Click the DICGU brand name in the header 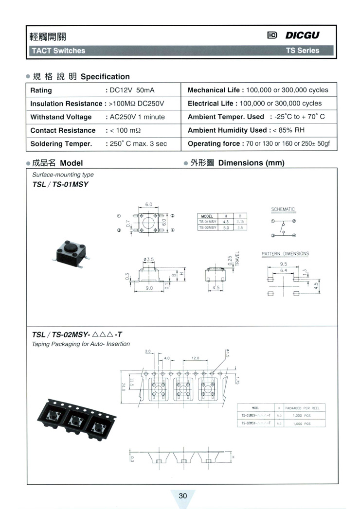click(x=303, y=35)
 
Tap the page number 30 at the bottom click(x=183, y=496)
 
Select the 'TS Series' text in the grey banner click(x=302, y=51)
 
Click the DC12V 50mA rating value click(x=132, y=90)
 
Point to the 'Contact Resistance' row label click(x=63, y=130)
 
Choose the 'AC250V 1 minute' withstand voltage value click(x=137, y=117)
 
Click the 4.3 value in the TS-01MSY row click(x=226, y=221)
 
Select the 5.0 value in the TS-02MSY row click(x=226, y=227)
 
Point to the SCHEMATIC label click(x=283, y=210)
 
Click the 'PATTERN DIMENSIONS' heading click(x=285, y=254)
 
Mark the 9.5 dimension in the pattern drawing click(x=283, y=264)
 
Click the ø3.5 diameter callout click(x=149, y=260)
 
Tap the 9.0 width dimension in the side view click(x=149, y=288)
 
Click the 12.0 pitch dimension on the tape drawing click(x=196, y=358)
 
